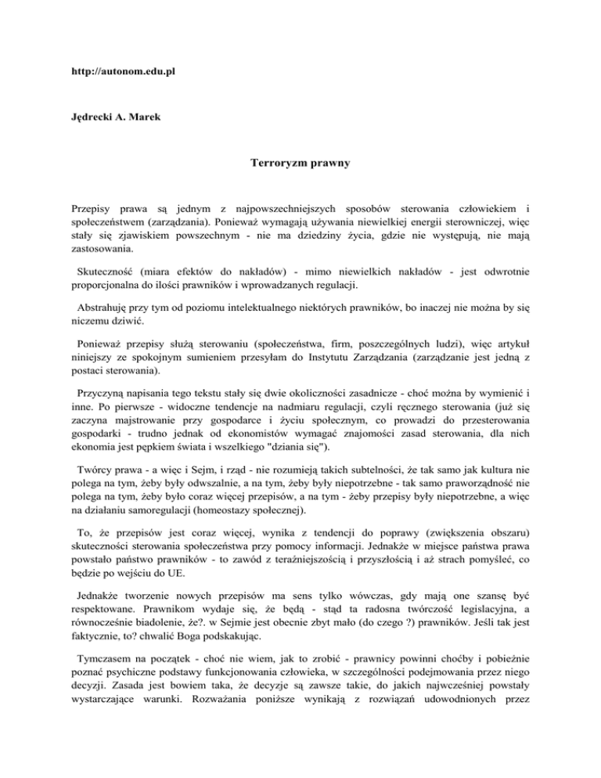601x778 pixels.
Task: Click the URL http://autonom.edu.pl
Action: coord(118,71)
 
